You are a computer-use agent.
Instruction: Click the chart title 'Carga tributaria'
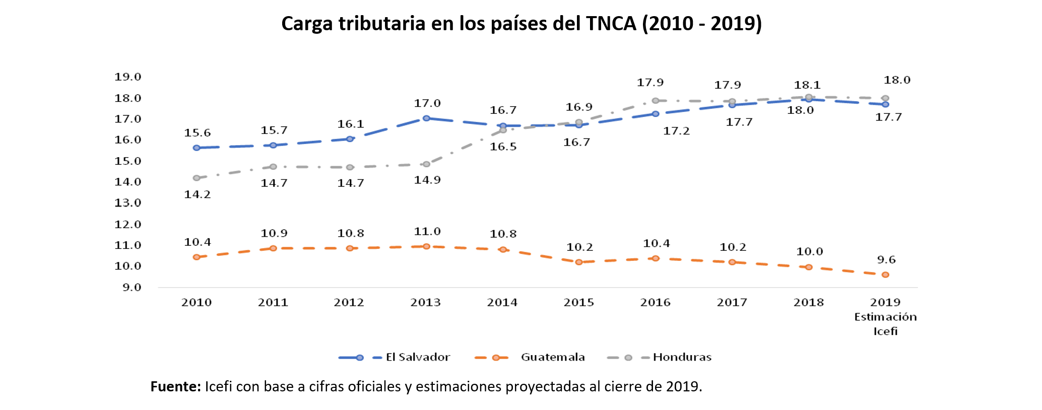tap(521, 24)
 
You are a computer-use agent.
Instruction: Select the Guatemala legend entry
tap(552, 357)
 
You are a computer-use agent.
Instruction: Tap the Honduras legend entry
tap(682, 357)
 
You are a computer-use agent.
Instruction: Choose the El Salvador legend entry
tap(417, 357)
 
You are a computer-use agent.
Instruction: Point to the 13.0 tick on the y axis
tap(127, 203)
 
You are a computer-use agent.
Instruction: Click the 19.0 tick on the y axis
tap(127, 77)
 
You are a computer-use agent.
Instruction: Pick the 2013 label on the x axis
tap(425, 302)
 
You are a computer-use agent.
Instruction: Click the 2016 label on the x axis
tap(655, 302)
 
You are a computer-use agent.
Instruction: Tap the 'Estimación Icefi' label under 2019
tap(885, 324)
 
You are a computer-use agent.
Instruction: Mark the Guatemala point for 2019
tap(885, 275)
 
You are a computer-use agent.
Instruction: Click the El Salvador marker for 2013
tap(426, 118)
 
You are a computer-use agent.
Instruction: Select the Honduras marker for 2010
tap(197, 178)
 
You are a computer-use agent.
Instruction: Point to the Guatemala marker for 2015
tap(579, 262)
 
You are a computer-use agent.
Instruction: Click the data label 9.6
tap(886, 260)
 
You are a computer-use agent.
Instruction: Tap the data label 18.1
tap(807, 85)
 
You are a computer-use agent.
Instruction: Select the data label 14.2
tap(197, 194)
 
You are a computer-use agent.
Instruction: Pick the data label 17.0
tap(427, 103)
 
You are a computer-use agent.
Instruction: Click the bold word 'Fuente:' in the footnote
tap(175, 386)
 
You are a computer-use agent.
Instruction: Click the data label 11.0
tap(427, 232)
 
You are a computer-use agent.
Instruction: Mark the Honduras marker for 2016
tap(656, 101)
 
